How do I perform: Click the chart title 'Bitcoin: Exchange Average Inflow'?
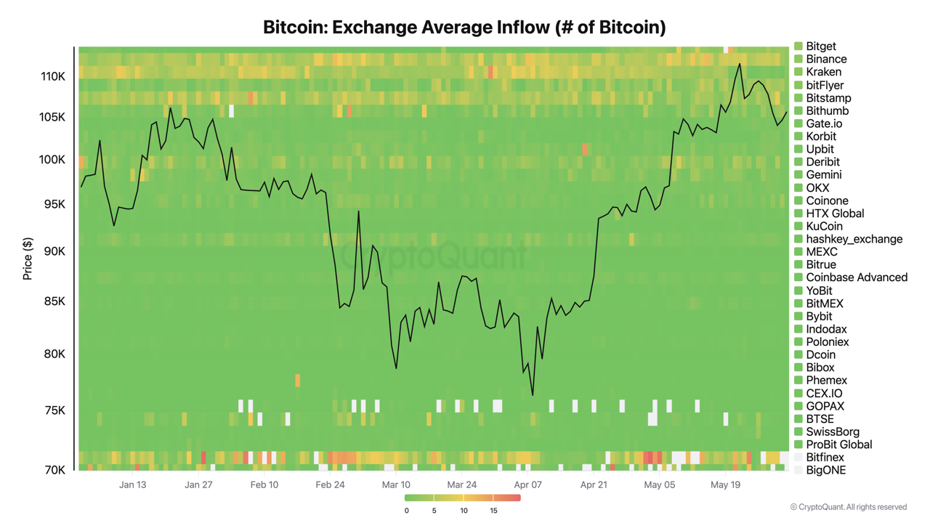[x=464, y=28]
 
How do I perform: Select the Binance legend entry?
[x=825, y=59]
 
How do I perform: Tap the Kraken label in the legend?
[x=823, y=72]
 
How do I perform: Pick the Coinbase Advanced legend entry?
[x=856, y=277]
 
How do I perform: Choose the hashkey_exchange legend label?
[x=854, y=239]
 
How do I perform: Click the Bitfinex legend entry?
[x=825, y=458]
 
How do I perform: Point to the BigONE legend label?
[x=825, y=470]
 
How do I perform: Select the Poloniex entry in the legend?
[x=827, y=341]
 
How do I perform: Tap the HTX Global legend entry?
[x=835, y=214]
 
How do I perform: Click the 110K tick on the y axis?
[x=53, y=76]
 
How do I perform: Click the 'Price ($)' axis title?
[x=28, y=259]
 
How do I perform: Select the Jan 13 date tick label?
[x=132, y=485]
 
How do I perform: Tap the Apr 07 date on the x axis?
[x=527, y=485]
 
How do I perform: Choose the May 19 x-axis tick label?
[x=725, y=485]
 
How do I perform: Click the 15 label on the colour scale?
[x=493, y=511]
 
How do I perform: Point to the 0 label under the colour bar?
[x=406, y=511]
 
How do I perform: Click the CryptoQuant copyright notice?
[x=848, y=507]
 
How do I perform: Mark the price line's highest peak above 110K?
[x=740, y=64]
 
